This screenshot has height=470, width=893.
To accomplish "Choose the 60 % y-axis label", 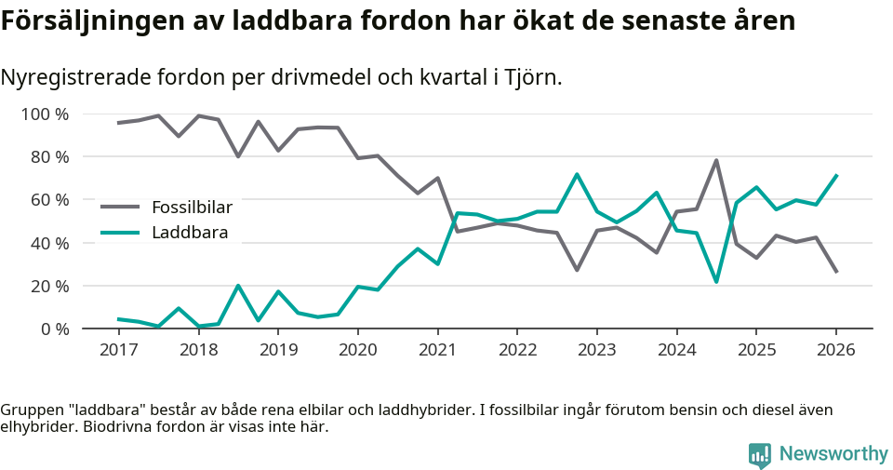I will coord(48,200).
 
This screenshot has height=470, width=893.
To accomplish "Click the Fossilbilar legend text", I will coord(192,207).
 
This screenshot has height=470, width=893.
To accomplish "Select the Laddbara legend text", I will coord(190,232).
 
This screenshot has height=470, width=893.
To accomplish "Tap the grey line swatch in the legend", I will coord(120,207).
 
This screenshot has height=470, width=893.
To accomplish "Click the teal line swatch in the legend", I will coord(120,232).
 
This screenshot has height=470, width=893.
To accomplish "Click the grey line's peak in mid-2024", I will coord(716,160).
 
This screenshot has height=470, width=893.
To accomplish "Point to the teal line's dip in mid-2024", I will coord(716,281).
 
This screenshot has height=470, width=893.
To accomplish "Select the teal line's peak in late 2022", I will coord(577,174).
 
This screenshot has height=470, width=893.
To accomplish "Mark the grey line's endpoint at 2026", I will coord(836,272).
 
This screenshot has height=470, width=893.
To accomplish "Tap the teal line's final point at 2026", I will coord(836,175).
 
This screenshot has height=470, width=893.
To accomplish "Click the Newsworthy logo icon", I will coord(759,454).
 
